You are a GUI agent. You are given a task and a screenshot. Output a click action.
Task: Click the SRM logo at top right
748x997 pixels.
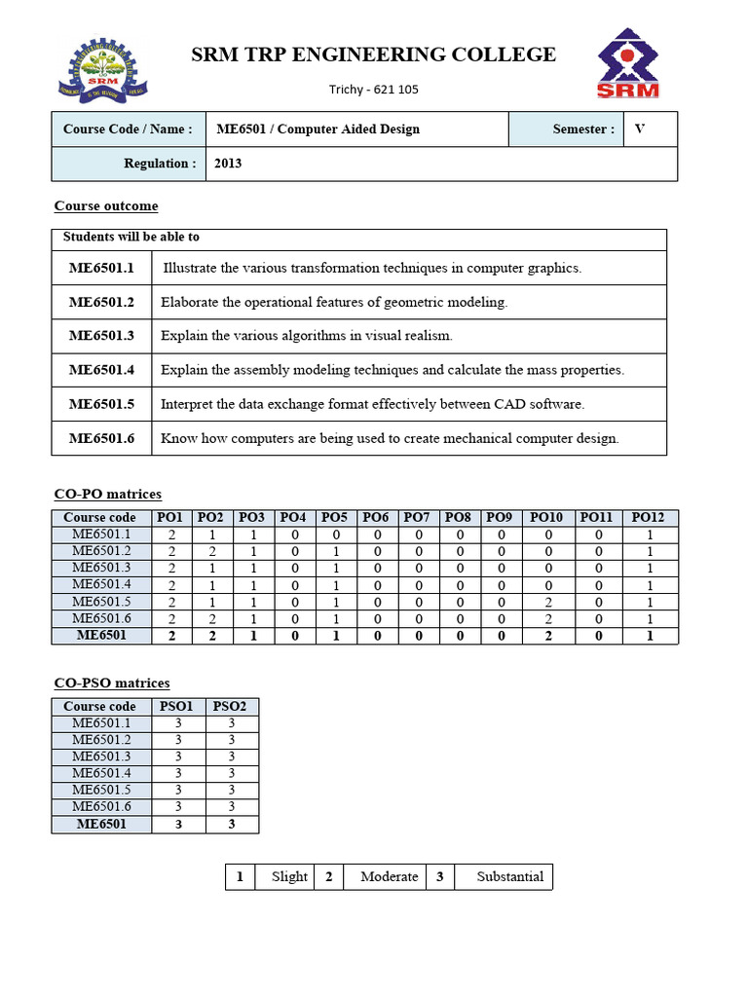pos(629,63)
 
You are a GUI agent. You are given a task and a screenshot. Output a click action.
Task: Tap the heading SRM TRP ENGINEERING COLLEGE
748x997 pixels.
pos(373,55)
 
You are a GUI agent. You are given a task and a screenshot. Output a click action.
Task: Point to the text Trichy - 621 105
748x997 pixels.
pos(374,90)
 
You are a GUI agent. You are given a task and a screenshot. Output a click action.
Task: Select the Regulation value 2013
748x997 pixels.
pos(229,164)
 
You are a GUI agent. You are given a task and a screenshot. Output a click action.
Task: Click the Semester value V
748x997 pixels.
pos(640,129)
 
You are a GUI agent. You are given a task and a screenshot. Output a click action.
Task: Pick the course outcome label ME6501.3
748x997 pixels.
pos(101,336)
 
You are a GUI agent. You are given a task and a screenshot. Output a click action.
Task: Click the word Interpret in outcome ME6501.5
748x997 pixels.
pos(187,404)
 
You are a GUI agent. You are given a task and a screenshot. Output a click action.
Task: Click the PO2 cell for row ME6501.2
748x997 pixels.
pos(210,551)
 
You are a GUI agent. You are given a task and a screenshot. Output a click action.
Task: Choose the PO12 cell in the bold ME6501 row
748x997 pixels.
pos(649,636)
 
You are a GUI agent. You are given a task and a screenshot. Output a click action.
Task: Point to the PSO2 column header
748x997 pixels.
pos(231,706)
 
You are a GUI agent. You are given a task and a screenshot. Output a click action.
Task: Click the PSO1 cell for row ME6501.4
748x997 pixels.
pos(178,774)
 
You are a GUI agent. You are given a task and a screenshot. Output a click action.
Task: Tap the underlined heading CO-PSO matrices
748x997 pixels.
pos(111,683)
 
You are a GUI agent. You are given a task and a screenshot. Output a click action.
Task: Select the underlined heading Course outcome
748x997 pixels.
pos(106,206)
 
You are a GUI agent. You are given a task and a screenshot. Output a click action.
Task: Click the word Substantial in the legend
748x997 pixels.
pos(510,876)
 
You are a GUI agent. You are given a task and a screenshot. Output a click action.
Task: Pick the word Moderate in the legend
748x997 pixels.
pos(389,876)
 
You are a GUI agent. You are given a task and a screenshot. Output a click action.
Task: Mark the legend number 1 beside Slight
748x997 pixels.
pos(240,876)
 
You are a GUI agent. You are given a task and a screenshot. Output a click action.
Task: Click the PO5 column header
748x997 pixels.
pos(334,517)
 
